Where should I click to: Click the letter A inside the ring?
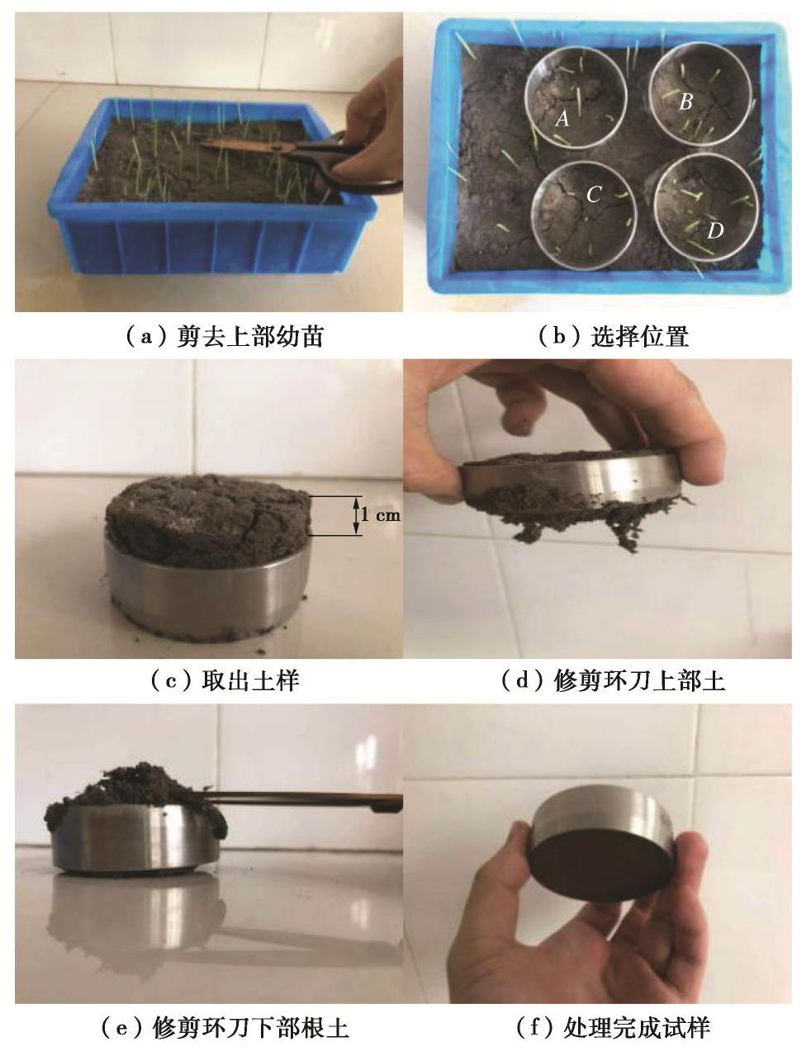click(562, 117)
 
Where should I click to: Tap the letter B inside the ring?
click(685, 102)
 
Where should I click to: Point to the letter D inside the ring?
click(715, 231)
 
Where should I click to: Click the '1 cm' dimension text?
click(381, 515)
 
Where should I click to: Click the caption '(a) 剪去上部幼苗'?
click(225, 336)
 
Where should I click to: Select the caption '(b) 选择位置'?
click(614, 336)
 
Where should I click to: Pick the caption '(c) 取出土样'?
click(225, 681)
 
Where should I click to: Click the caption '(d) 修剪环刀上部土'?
click(614, 681)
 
